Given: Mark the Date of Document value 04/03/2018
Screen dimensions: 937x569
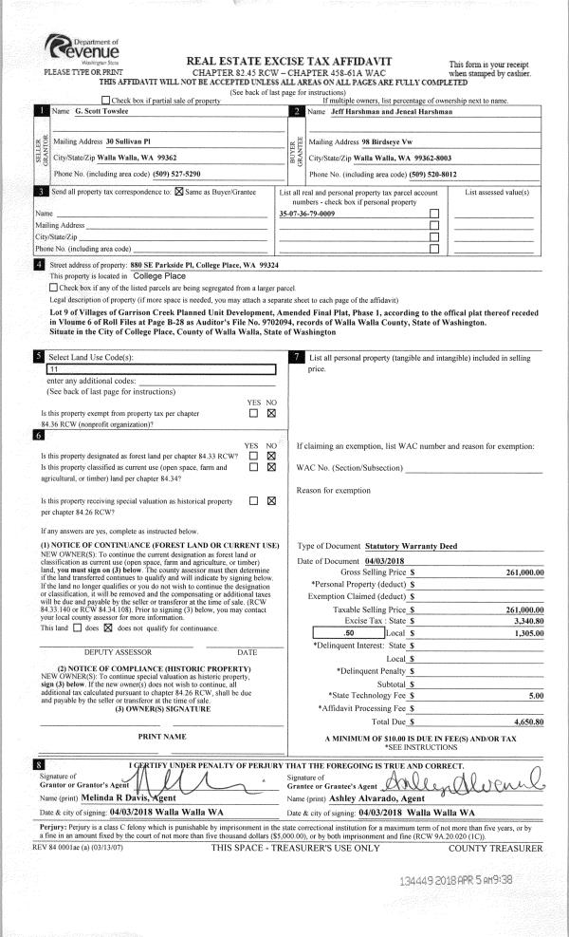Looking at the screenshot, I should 396,562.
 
